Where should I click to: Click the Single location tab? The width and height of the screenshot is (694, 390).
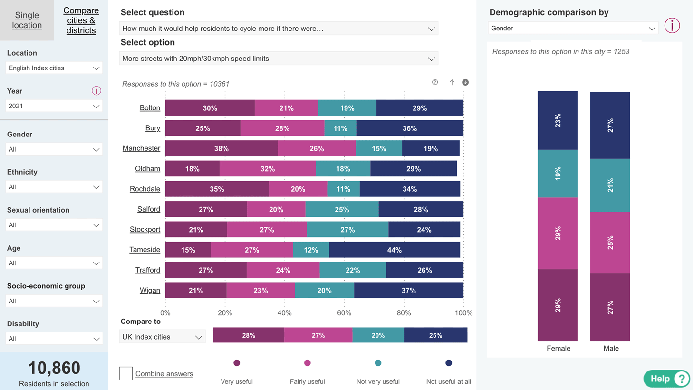tap(27, 20)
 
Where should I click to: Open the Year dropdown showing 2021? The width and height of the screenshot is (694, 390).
tap(54, 106)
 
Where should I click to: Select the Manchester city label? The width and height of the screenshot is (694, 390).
tap(141, 148)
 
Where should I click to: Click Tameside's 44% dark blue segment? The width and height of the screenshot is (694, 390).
tap(395, 250)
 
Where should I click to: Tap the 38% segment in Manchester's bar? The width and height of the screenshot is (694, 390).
tap(221, 148)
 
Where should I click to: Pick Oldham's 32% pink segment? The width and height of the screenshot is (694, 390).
tap(268, 169)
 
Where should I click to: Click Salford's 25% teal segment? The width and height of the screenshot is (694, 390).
tap(342, 209)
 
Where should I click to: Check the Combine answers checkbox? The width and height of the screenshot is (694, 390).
tap(126, 373)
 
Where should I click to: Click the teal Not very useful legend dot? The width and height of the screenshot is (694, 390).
tap(378, 363)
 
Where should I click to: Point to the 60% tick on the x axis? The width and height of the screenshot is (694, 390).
tap(344, 313)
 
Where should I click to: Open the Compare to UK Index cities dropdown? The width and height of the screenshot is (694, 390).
tap(163, 337)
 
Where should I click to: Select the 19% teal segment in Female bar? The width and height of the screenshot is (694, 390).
tap(558, 174)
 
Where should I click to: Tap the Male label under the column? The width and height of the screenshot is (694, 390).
tap(611, 349)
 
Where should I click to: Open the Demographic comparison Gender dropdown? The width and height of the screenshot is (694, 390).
tap(573, 28)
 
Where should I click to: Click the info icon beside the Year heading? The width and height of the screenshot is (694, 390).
tap(96, 91)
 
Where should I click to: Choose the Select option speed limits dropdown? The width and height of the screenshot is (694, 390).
tap(279, 58)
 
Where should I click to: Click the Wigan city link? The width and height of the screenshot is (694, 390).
tap(150, 290)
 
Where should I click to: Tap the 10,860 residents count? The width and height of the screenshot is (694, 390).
tap(54, 368)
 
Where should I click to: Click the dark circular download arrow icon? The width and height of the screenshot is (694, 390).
tap(465, 82)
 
